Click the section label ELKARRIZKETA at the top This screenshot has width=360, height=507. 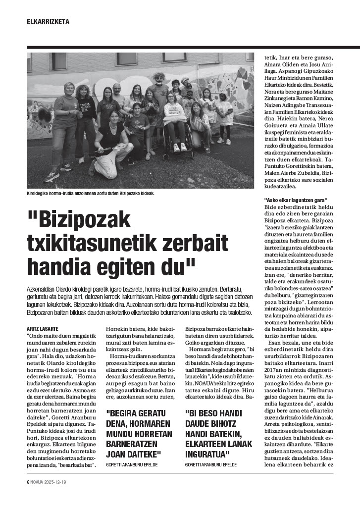point(48,22)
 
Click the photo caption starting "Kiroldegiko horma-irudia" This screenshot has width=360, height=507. point(91,193)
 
